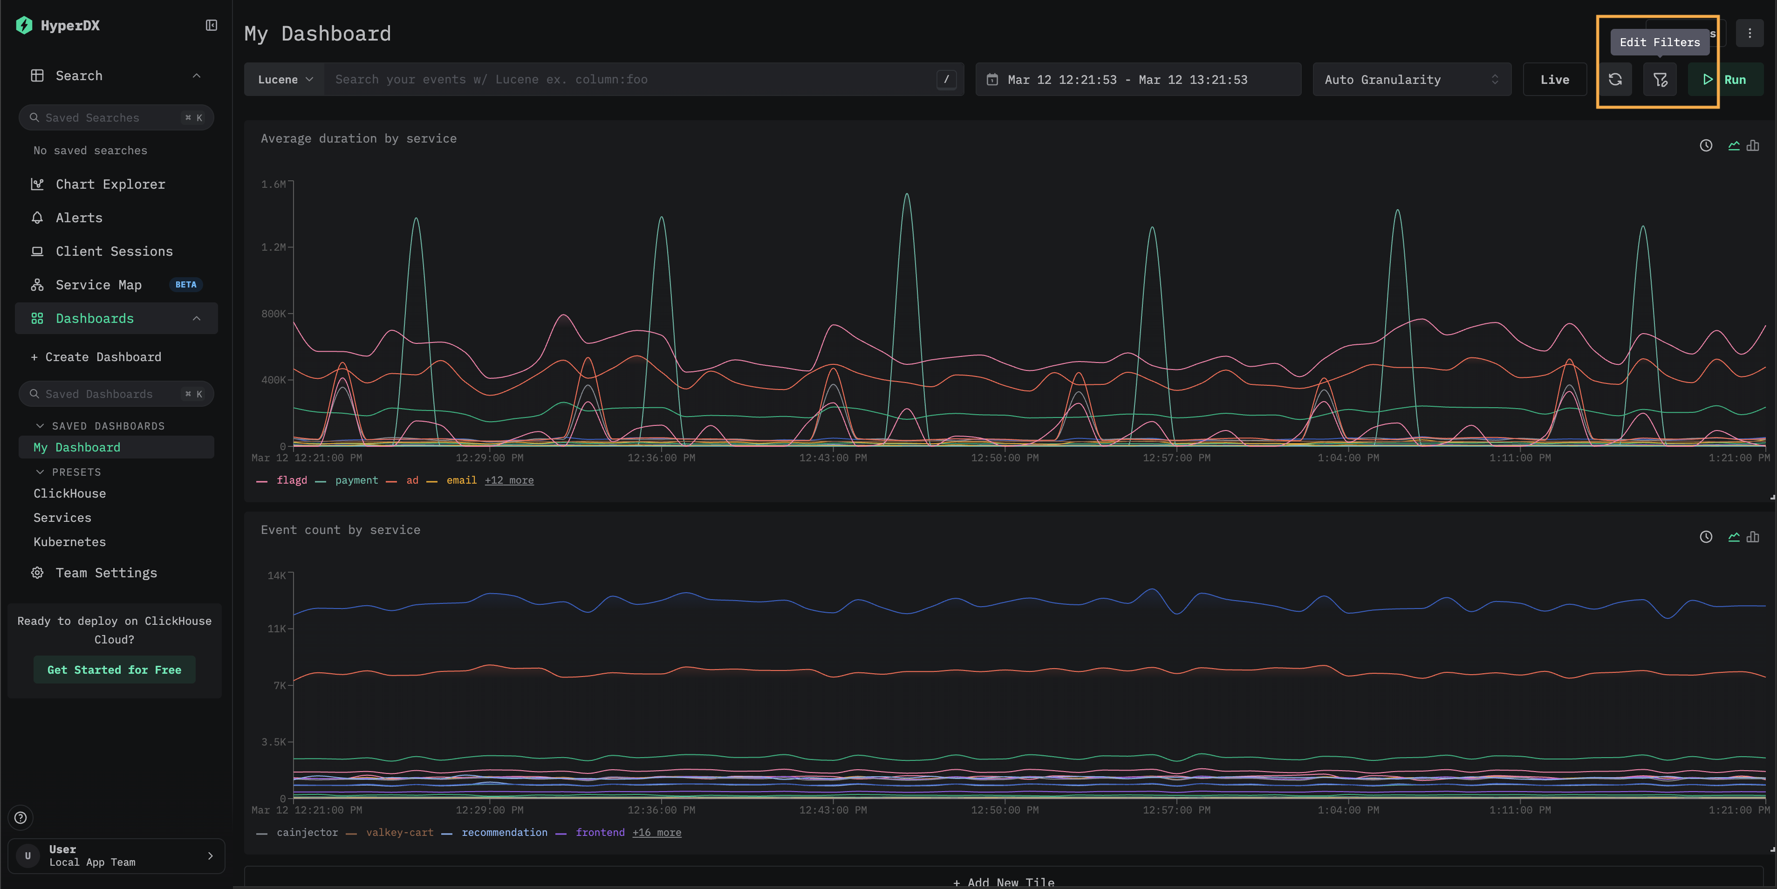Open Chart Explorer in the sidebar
[110, 184]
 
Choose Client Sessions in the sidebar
[114, 252]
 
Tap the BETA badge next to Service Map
[185, 285]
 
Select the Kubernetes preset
[70, 542]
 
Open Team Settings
[106, 573]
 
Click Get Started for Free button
[115, 670]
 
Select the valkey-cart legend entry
[399, 833]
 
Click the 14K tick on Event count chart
[277, 576]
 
